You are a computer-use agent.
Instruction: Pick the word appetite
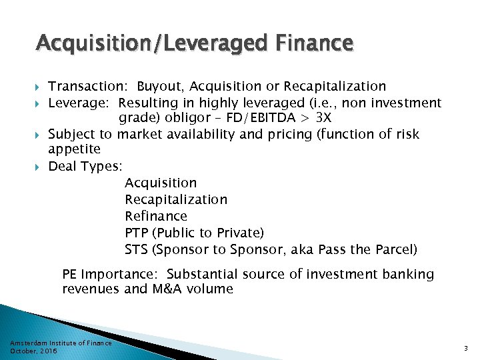[74, 149]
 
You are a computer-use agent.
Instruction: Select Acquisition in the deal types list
[161, 183]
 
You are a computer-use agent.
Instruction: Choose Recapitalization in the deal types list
[175, 199]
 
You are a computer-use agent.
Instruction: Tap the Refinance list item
[156, 216]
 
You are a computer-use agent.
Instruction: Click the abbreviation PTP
[136, 233]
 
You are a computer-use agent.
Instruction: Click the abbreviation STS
[136, 249]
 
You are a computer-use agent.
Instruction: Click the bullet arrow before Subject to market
[39, 135]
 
